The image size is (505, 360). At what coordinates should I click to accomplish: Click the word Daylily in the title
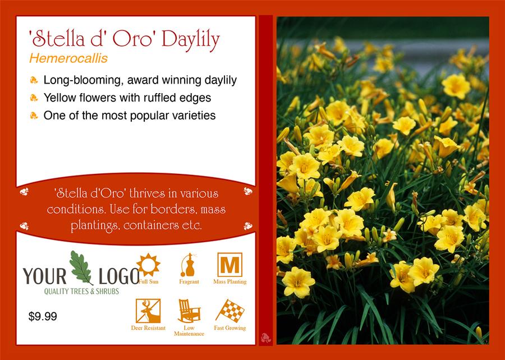coord(191,40)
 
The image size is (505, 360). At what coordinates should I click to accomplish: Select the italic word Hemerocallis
coord(68,58)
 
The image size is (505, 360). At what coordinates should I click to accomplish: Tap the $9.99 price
coord(43,316)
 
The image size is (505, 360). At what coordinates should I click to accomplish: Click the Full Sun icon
coord(148,265)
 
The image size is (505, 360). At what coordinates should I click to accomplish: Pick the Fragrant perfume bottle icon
coord(189,265)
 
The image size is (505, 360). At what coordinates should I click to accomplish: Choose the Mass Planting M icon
coord(229,265)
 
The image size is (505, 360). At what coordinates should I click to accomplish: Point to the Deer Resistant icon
coord(148,311)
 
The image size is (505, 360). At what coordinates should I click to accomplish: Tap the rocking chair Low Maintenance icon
coord(189,311)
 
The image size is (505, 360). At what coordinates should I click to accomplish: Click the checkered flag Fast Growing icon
coord(230,311)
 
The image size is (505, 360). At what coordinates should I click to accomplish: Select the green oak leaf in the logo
coord(81,267)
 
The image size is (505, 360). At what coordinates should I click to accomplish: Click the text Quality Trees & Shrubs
coord(81,292)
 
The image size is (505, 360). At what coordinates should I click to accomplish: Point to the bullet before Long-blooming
coord(34,80)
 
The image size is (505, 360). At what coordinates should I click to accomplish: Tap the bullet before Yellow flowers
coord(34,98)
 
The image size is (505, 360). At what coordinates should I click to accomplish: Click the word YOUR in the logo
coord(44,276)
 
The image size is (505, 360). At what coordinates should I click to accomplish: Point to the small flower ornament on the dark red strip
coord(266,338)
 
